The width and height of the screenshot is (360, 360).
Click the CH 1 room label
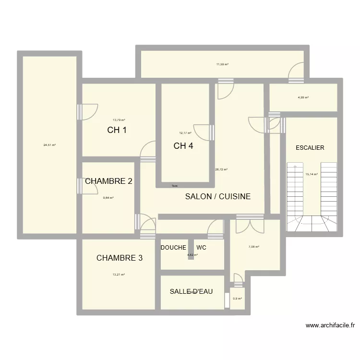point(117,130)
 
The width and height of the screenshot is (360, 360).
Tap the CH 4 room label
point(183,146)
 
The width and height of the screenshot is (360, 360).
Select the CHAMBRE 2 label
point(108,181)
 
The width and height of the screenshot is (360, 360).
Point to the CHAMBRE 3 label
point(120,258)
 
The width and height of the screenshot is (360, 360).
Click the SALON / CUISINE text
point(218,196)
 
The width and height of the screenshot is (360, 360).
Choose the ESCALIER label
point(310,148)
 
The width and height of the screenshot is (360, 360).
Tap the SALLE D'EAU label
point(191,291)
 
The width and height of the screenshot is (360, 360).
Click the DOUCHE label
point(173,248)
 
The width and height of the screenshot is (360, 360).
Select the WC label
point(201,248)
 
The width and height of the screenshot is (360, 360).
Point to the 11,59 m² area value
point(222,64)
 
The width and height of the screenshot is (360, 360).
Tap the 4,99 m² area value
point(303,97)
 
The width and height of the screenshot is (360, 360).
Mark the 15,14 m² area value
point(311,175)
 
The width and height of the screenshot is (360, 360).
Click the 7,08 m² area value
point(253,247)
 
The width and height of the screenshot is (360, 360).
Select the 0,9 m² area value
point(237,299)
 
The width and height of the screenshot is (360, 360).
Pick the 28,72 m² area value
point(221,169)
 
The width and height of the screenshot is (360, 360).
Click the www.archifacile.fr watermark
point(330,325)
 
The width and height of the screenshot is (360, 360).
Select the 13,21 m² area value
point(119,275)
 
